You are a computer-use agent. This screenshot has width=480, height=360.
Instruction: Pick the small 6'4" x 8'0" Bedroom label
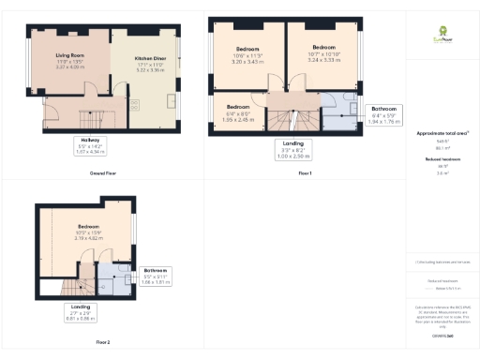(238, 113)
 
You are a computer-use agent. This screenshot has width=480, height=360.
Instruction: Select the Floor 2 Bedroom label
(89, 232)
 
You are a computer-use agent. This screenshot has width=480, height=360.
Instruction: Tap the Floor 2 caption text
(102, 342)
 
